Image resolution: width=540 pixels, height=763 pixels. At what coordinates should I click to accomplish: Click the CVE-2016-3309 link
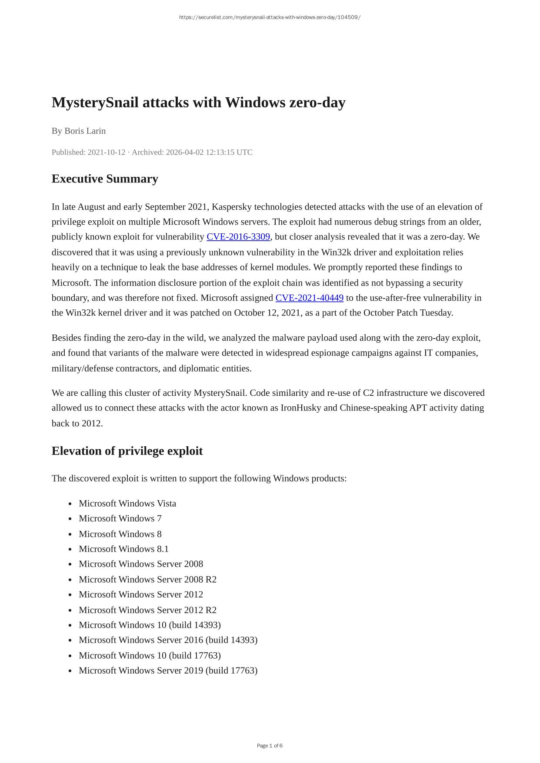click(x=238, y=237)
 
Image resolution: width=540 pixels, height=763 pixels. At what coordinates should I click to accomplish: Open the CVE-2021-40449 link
click(x=309, y=298)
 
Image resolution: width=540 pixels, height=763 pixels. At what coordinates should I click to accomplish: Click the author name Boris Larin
click(x=85, y=131)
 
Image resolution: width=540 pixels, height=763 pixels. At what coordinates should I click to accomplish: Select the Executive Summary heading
click(x=105, y=179)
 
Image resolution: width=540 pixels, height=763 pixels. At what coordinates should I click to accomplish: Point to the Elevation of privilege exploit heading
click(x=127, y=451)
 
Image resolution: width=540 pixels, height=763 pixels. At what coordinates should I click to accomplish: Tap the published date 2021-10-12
click(x=106, y=152)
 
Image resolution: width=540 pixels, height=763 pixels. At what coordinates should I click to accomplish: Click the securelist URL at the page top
click(x=270, y=17)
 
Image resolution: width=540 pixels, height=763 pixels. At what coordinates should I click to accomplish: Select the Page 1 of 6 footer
click(x=270, y=746)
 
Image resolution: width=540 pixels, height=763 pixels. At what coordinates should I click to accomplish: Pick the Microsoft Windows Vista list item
click(x=127, y=503)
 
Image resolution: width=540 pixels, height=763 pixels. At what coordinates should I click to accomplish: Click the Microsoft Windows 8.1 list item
click(x=123, y=549)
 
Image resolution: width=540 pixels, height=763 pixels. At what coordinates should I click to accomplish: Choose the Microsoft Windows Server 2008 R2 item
click(x=147, y=579)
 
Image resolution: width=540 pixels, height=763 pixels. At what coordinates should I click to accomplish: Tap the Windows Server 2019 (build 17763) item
click(x=168, y=670)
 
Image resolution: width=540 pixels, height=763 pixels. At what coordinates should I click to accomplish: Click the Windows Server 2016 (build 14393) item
click(x=168, y=640)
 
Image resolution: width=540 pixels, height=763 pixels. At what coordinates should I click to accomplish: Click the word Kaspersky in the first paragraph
click(x=231, y=206)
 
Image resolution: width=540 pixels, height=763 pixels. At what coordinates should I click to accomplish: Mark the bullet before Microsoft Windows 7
click(x=70, y=519)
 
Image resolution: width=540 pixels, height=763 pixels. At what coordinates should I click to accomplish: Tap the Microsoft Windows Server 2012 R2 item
click(x=147, y=610)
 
